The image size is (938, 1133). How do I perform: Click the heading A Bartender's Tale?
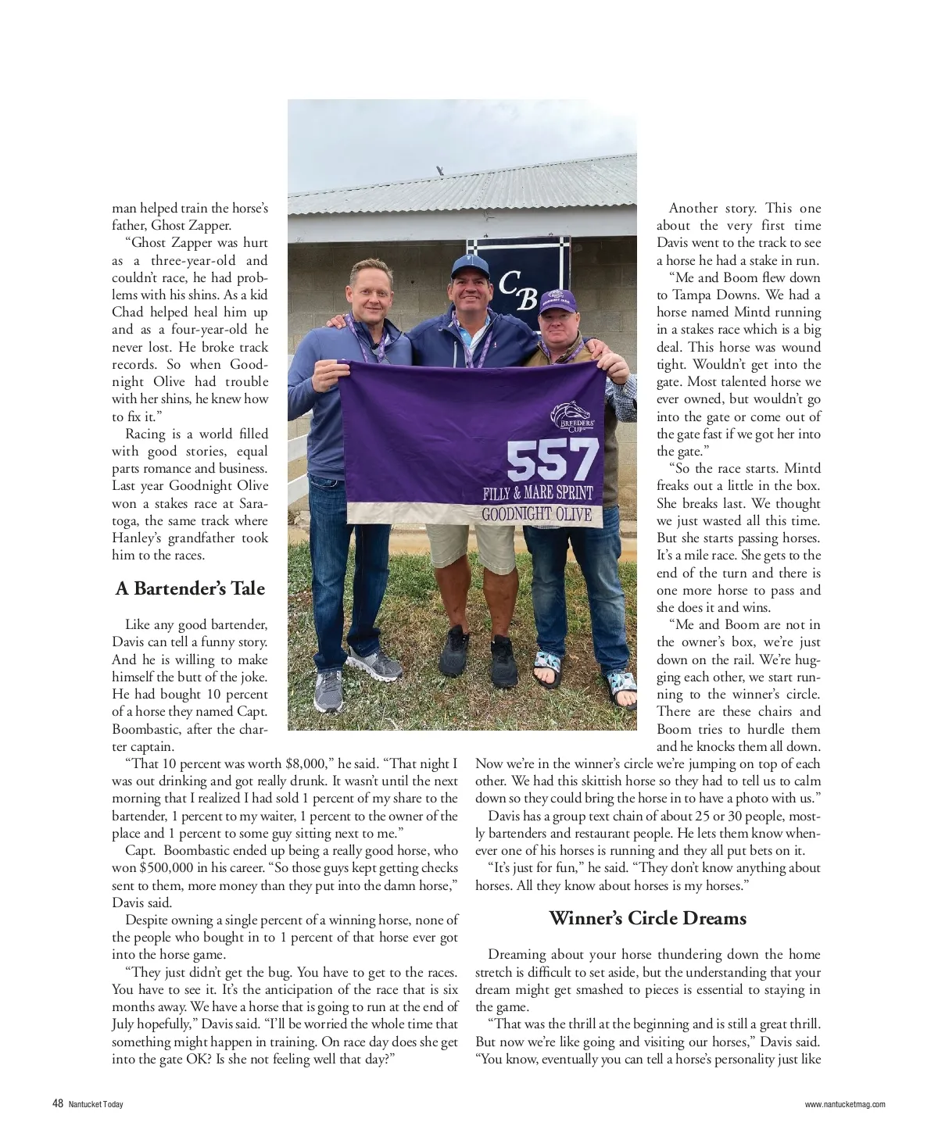[190, 588]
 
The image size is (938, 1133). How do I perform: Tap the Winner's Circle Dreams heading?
[647, 917]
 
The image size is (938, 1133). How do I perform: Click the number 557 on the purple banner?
[553, 461]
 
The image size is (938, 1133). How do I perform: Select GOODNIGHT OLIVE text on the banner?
[536, 514]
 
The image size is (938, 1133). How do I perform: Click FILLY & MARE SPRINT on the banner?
[538, 493]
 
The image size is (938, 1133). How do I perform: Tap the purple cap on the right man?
[557, 301]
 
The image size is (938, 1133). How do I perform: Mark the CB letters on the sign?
[518, 291]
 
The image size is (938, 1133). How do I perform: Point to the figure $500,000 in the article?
[174, 867]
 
